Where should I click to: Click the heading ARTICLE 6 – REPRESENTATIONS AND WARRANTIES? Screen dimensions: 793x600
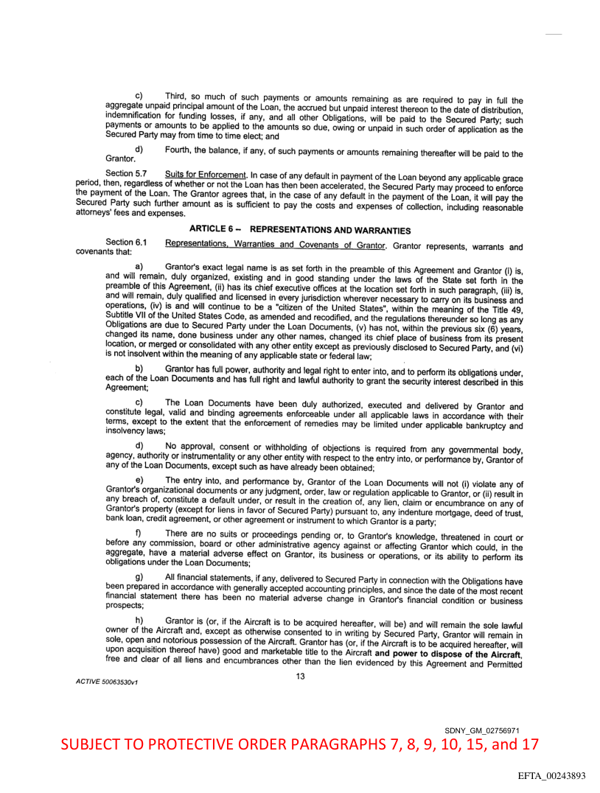[x=300, y=229]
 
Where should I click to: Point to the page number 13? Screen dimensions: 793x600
[x=300, y=677]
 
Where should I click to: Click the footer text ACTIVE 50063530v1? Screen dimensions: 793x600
[x=107, y=682]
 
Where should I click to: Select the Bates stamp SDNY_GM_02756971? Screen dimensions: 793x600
[x=488, y=730]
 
